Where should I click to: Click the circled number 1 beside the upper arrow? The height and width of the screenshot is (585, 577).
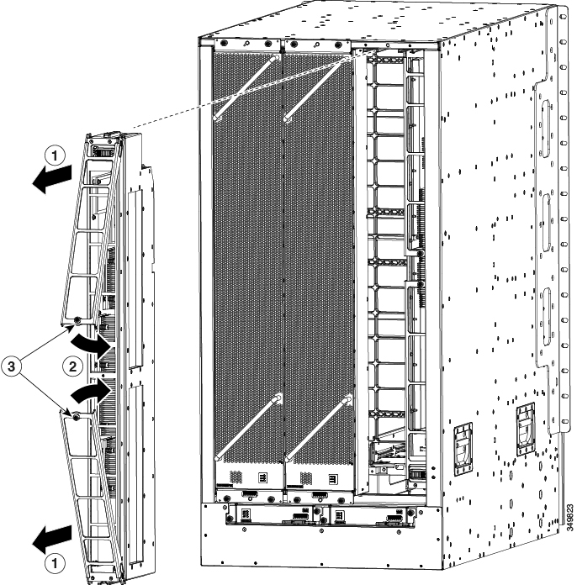[55, 155]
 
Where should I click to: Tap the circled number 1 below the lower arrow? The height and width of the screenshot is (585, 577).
[55, 563]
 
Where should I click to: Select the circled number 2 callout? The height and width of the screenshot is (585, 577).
[72, 366]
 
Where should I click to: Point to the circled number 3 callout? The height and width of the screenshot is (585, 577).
[11, 366]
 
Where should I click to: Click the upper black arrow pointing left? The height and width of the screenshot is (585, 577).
[51, 180]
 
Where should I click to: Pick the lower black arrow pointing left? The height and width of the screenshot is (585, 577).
[51, 539]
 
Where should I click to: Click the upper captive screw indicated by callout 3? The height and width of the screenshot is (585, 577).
[77, 320]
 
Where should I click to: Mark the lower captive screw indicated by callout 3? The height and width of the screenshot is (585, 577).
[76, 417]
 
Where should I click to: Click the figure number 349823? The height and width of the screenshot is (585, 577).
[569, 518]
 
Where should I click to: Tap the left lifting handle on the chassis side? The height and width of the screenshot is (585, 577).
[463, 449]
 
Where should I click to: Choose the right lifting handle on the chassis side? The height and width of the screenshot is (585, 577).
[526, 429]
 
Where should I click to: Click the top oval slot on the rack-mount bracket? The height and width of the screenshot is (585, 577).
[546, 129]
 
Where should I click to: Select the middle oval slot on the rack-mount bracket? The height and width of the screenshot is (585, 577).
[546, 222]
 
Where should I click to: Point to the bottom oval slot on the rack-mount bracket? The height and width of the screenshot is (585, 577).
[546, 316]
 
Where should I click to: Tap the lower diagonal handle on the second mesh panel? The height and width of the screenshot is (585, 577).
[318, 429]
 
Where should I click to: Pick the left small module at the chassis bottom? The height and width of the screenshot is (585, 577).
[270, 515]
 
